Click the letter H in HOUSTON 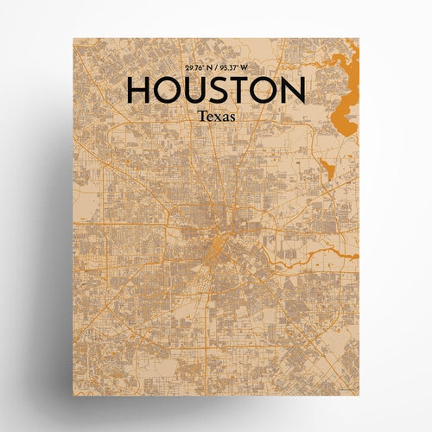[141, 91]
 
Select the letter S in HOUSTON [221, 91]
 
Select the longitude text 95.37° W [238, 68]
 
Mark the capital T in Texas [201, 114]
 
